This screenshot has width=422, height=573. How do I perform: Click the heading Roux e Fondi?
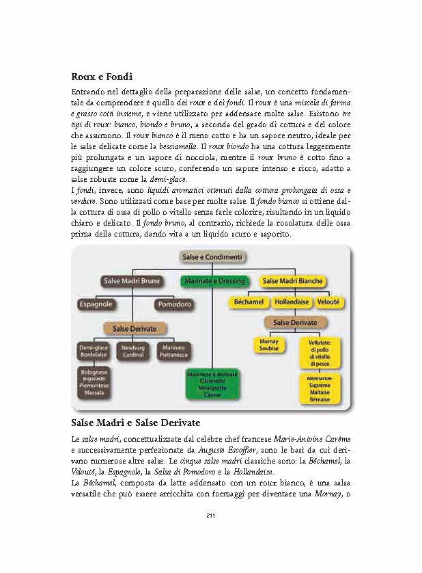[x=101, y=77]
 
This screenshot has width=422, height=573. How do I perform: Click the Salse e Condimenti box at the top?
[x=212, y=256]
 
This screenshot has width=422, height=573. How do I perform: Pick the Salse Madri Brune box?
[x=131, y=281]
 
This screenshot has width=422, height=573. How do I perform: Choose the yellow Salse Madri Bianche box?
[x=293, y=281]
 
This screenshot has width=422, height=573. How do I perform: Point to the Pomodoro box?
[x=174, y=304]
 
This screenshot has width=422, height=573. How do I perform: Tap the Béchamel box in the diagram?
[x=249, y=302]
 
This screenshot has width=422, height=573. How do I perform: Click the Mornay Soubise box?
[x=269, y=345]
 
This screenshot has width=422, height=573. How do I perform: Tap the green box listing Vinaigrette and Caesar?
[x=212, y=384]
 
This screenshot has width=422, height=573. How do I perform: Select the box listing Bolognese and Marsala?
[x=93, y=381]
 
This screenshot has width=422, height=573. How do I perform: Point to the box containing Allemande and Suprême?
[x=320, y=388]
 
